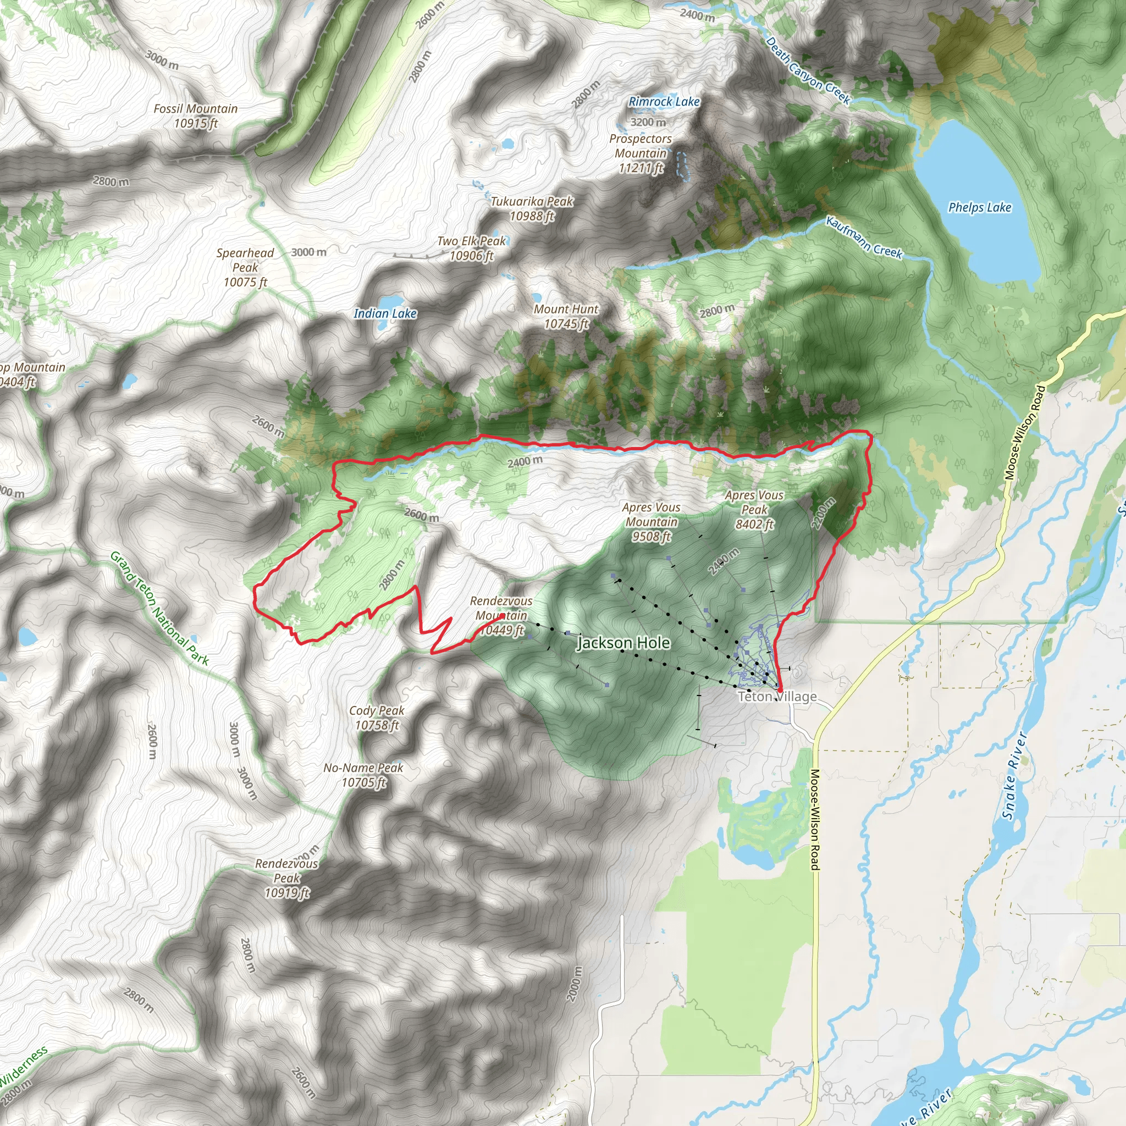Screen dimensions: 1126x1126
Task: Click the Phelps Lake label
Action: click(980, 207)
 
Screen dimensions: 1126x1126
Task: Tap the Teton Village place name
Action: click(777, 697)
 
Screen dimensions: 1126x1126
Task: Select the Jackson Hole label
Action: click(623, 643)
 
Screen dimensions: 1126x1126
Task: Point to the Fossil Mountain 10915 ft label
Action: click(196, 116)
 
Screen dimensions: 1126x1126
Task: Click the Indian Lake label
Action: click(385, 313)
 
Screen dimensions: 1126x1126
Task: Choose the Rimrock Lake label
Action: click(664, 101)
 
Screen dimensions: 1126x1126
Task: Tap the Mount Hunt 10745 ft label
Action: click(566, 317)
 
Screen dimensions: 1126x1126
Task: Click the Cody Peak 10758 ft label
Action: click(377, 717)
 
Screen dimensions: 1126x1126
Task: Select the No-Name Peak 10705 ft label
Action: click(363, 775)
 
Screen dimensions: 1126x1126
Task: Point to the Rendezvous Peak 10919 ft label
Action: click(287, 877)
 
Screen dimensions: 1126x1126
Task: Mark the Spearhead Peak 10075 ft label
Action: click(245, 268)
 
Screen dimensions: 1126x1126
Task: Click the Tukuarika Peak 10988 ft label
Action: click(532, 208)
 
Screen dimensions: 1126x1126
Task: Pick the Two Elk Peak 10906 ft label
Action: click(472, 249)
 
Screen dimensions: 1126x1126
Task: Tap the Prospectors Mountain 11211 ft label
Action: click(641, 153)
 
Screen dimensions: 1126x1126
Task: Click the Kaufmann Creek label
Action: click(864, 238)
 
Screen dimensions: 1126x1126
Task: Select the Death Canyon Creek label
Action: click(808, 70)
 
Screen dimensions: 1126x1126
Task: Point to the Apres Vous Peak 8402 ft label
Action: click(754, 509)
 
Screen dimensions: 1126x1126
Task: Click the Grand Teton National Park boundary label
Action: click(159, 609)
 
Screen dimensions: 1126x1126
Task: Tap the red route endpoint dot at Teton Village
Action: click(780, 689)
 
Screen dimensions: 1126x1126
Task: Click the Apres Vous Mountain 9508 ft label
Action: click(651, 522)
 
